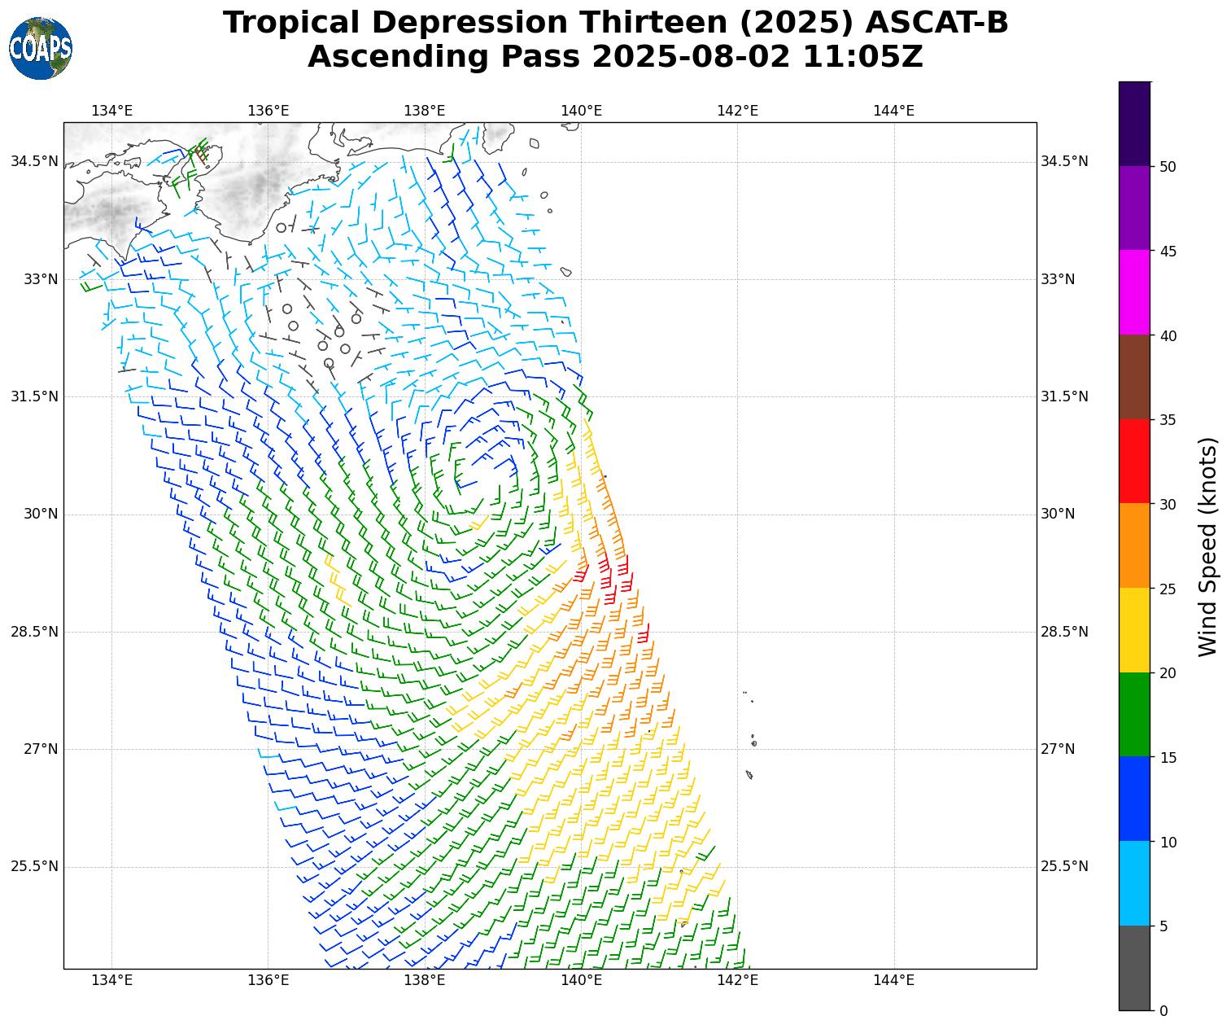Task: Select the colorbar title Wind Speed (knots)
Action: pos(1209,546)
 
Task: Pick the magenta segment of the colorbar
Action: pos(1134,292)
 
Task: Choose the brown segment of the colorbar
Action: pos(1134,377)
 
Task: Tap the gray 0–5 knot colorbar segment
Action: pos(1134,968)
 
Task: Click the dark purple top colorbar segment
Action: pos(1134,124)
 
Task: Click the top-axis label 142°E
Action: pos(737,111)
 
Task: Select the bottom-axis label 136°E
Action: pos(268,980)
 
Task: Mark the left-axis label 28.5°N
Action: pos(34,632)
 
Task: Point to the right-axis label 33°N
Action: pos(1058,279)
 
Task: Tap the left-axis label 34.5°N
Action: pos(34,161)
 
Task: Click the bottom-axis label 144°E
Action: pos(893,980)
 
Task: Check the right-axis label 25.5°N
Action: pos(1064,866)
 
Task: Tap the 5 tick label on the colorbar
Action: pos(1163,926)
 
